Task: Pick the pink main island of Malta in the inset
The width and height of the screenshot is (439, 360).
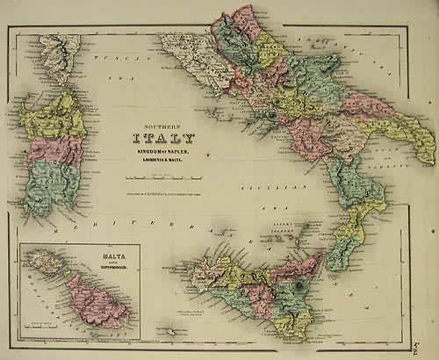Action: pyautogui.click(x=97, y=299)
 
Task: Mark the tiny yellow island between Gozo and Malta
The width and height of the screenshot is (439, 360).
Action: pyautogui.click(x=61, y=271)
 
